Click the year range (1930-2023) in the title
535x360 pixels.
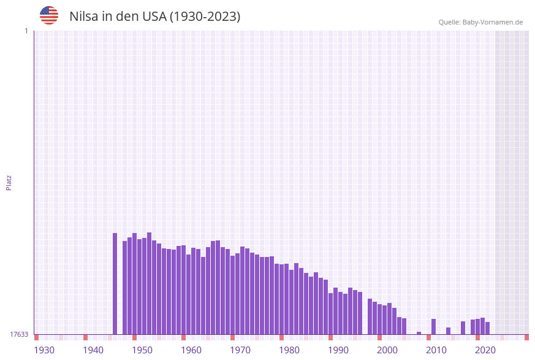(x=205, y=17)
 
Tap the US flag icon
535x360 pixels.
(x=49, y=15)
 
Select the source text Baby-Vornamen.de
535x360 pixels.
(x=493, y=22)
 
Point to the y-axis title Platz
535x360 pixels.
(x=9, y=182)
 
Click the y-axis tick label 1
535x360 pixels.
(x=26, y=31)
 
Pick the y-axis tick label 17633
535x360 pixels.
(x=19, y=334)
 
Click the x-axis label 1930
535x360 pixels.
(x=44, y=350)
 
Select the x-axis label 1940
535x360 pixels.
(x=93, y=350)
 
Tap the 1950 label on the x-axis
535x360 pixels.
(x=142, y=350)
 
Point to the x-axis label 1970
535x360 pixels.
(x=240, y=350)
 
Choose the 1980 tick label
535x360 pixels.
(x=289, y=350)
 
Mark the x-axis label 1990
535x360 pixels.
(x=338, y=350)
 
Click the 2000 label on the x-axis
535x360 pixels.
(x=387, y=350)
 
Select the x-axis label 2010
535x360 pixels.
(x=436, y=350)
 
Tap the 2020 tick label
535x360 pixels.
(x=485, y=350)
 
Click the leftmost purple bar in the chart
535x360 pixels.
(x=115, y=283)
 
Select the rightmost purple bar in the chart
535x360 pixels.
(x=487, y=328)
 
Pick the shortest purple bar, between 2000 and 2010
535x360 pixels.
(x=419, y=333)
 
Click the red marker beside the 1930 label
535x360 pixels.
(x=37, y=337)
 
